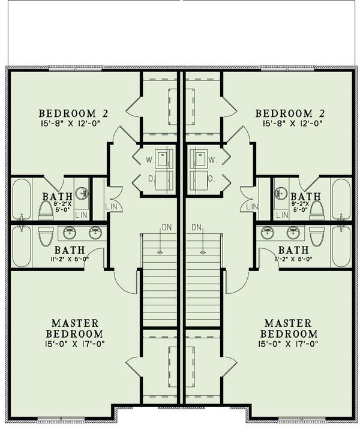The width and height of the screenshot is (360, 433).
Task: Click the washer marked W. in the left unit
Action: (x=163, y=159)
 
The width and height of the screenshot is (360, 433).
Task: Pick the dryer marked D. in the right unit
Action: (x=198, y=179)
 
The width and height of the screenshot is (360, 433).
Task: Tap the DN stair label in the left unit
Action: (x=165, y=227)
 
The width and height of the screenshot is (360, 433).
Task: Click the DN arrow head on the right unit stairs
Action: (x=196, y=252)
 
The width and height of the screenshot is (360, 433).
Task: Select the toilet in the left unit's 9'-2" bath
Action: (x=46, y=209)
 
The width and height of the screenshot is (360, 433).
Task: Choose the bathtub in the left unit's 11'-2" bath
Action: (x=21, y=246)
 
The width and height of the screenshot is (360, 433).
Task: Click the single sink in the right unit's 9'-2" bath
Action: (x=280, y=193)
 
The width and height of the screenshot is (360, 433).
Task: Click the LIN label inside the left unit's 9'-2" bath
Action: (x=82, y=215)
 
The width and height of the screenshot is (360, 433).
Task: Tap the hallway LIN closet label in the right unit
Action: (x=251, y=206)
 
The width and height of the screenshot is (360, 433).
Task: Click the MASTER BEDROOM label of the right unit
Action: (x=290, y=328)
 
